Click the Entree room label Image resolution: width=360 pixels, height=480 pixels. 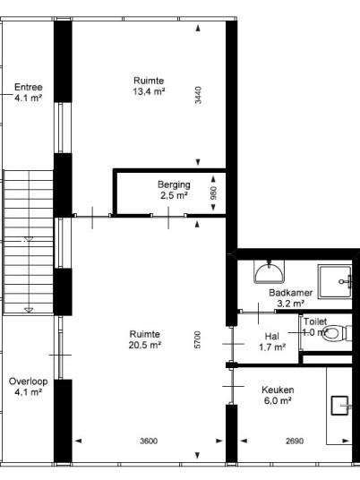tap(28, 87)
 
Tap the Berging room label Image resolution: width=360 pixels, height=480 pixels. tap(174, 184)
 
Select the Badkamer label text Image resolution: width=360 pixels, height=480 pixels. tap(290, 293)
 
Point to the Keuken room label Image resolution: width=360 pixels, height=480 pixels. tap(278, 390)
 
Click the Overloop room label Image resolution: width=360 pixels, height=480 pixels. tap(28, 381)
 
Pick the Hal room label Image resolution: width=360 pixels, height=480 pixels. tap(272, 336)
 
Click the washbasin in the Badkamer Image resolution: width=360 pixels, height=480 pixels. tap(269, 272)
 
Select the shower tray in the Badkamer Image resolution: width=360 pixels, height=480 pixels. tap(335, 281)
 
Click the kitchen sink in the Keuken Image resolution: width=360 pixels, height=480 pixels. tap(339, 406)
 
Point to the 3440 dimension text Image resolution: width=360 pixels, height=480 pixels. tap(199, 95)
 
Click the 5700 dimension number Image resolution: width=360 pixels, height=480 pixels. tap(198, 339)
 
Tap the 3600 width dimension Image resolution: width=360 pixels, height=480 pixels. tap(149, 441)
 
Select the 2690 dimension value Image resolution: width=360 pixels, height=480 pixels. tap(295, 441)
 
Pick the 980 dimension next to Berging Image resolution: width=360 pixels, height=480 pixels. tap(214, 193)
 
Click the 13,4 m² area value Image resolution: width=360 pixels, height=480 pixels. tap(149, 91)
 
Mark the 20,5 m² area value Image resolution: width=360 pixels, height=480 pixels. tap(145, 345)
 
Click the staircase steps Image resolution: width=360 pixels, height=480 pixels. tap(28, 242)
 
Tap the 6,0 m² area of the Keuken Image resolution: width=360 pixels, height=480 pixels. tap(278, 400)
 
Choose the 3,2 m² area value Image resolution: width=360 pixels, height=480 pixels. tap(290, 304)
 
